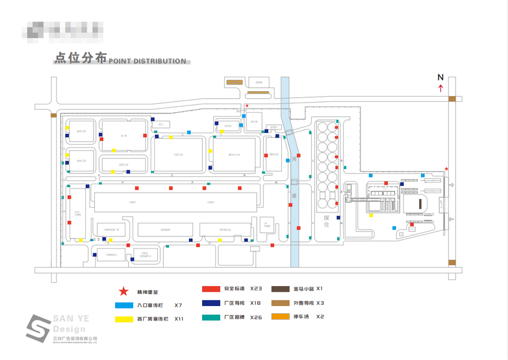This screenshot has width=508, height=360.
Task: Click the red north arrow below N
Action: pos(441,88)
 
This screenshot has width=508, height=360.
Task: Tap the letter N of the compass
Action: pos(440,77)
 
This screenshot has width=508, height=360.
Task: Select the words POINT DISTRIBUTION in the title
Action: pos(148,61)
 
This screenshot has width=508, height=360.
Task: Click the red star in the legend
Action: pos(123,292)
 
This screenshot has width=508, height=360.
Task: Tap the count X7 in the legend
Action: pos(178,305)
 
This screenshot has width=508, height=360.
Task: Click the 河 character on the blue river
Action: pos(294,159)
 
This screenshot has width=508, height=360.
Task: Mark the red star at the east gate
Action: pos(446,169)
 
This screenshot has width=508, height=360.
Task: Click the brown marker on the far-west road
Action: pos(54,115)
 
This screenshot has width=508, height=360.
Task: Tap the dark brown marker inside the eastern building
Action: pos(420,205)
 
